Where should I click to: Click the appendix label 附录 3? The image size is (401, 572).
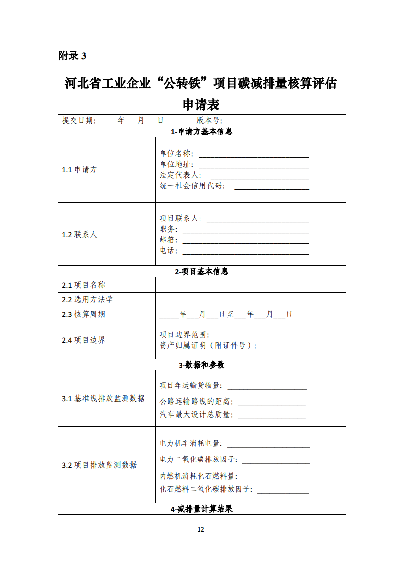[72, 56]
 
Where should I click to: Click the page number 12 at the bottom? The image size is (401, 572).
[201, 529]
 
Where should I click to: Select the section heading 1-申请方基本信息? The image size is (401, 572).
[201, 132]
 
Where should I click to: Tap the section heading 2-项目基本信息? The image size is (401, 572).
[201, 272]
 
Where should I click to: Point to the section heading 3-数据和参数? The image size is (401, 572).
[201, 365]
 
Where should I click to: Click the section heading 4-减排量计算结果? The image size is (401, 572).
[201, 509]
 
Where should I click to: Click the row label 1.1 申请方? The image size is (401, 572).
[79, 170]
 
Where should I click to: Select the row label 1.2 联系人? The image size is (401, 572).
[79, 234]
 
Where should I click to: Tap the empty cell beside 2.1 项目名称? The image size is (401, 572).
[250, 285]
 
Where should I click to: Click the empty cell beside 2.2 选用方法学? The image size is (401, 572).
[250, 299]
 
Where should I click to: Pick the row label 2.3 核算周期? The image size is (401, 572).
[83, 314]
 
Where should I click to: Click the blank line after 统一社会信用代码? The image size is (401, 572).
[272, 187]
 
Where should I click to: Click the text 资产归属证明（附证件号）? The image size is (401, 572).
[207, 346]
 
